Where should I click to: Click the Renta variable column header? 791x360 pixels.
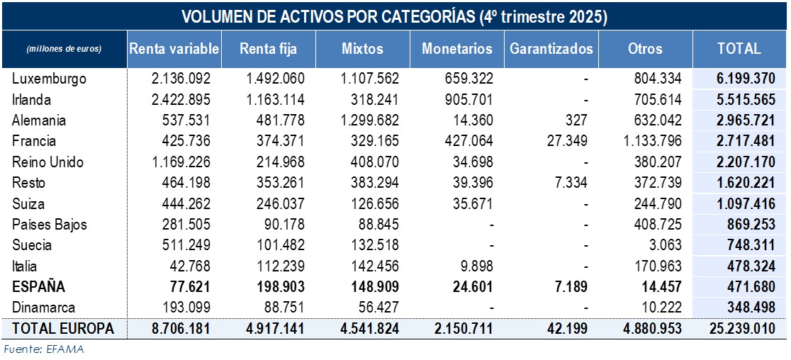[174, 49]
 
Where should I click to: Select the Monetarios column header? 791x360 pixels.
[456, 49]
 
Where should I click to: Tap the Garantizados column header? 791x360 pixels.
[551, 49]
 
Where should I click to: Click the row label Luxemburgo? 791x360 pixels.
[49, 79]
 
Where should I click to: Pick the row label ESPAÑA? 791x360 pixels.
[39, 287]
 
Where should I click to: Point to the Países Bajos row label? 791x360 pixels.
[49, 225]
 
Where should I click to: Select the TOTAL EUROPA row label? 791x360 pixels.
[62, 329]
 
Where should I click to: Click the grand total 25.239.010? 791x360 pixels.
[740, 329]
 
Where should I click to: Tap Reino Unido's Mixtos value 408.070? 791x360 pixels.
[376, 162]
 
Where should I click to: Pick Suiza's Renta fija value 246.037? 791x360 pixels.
[281, 204]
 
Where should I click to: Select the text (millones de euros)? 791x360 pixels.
[64, 49]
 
